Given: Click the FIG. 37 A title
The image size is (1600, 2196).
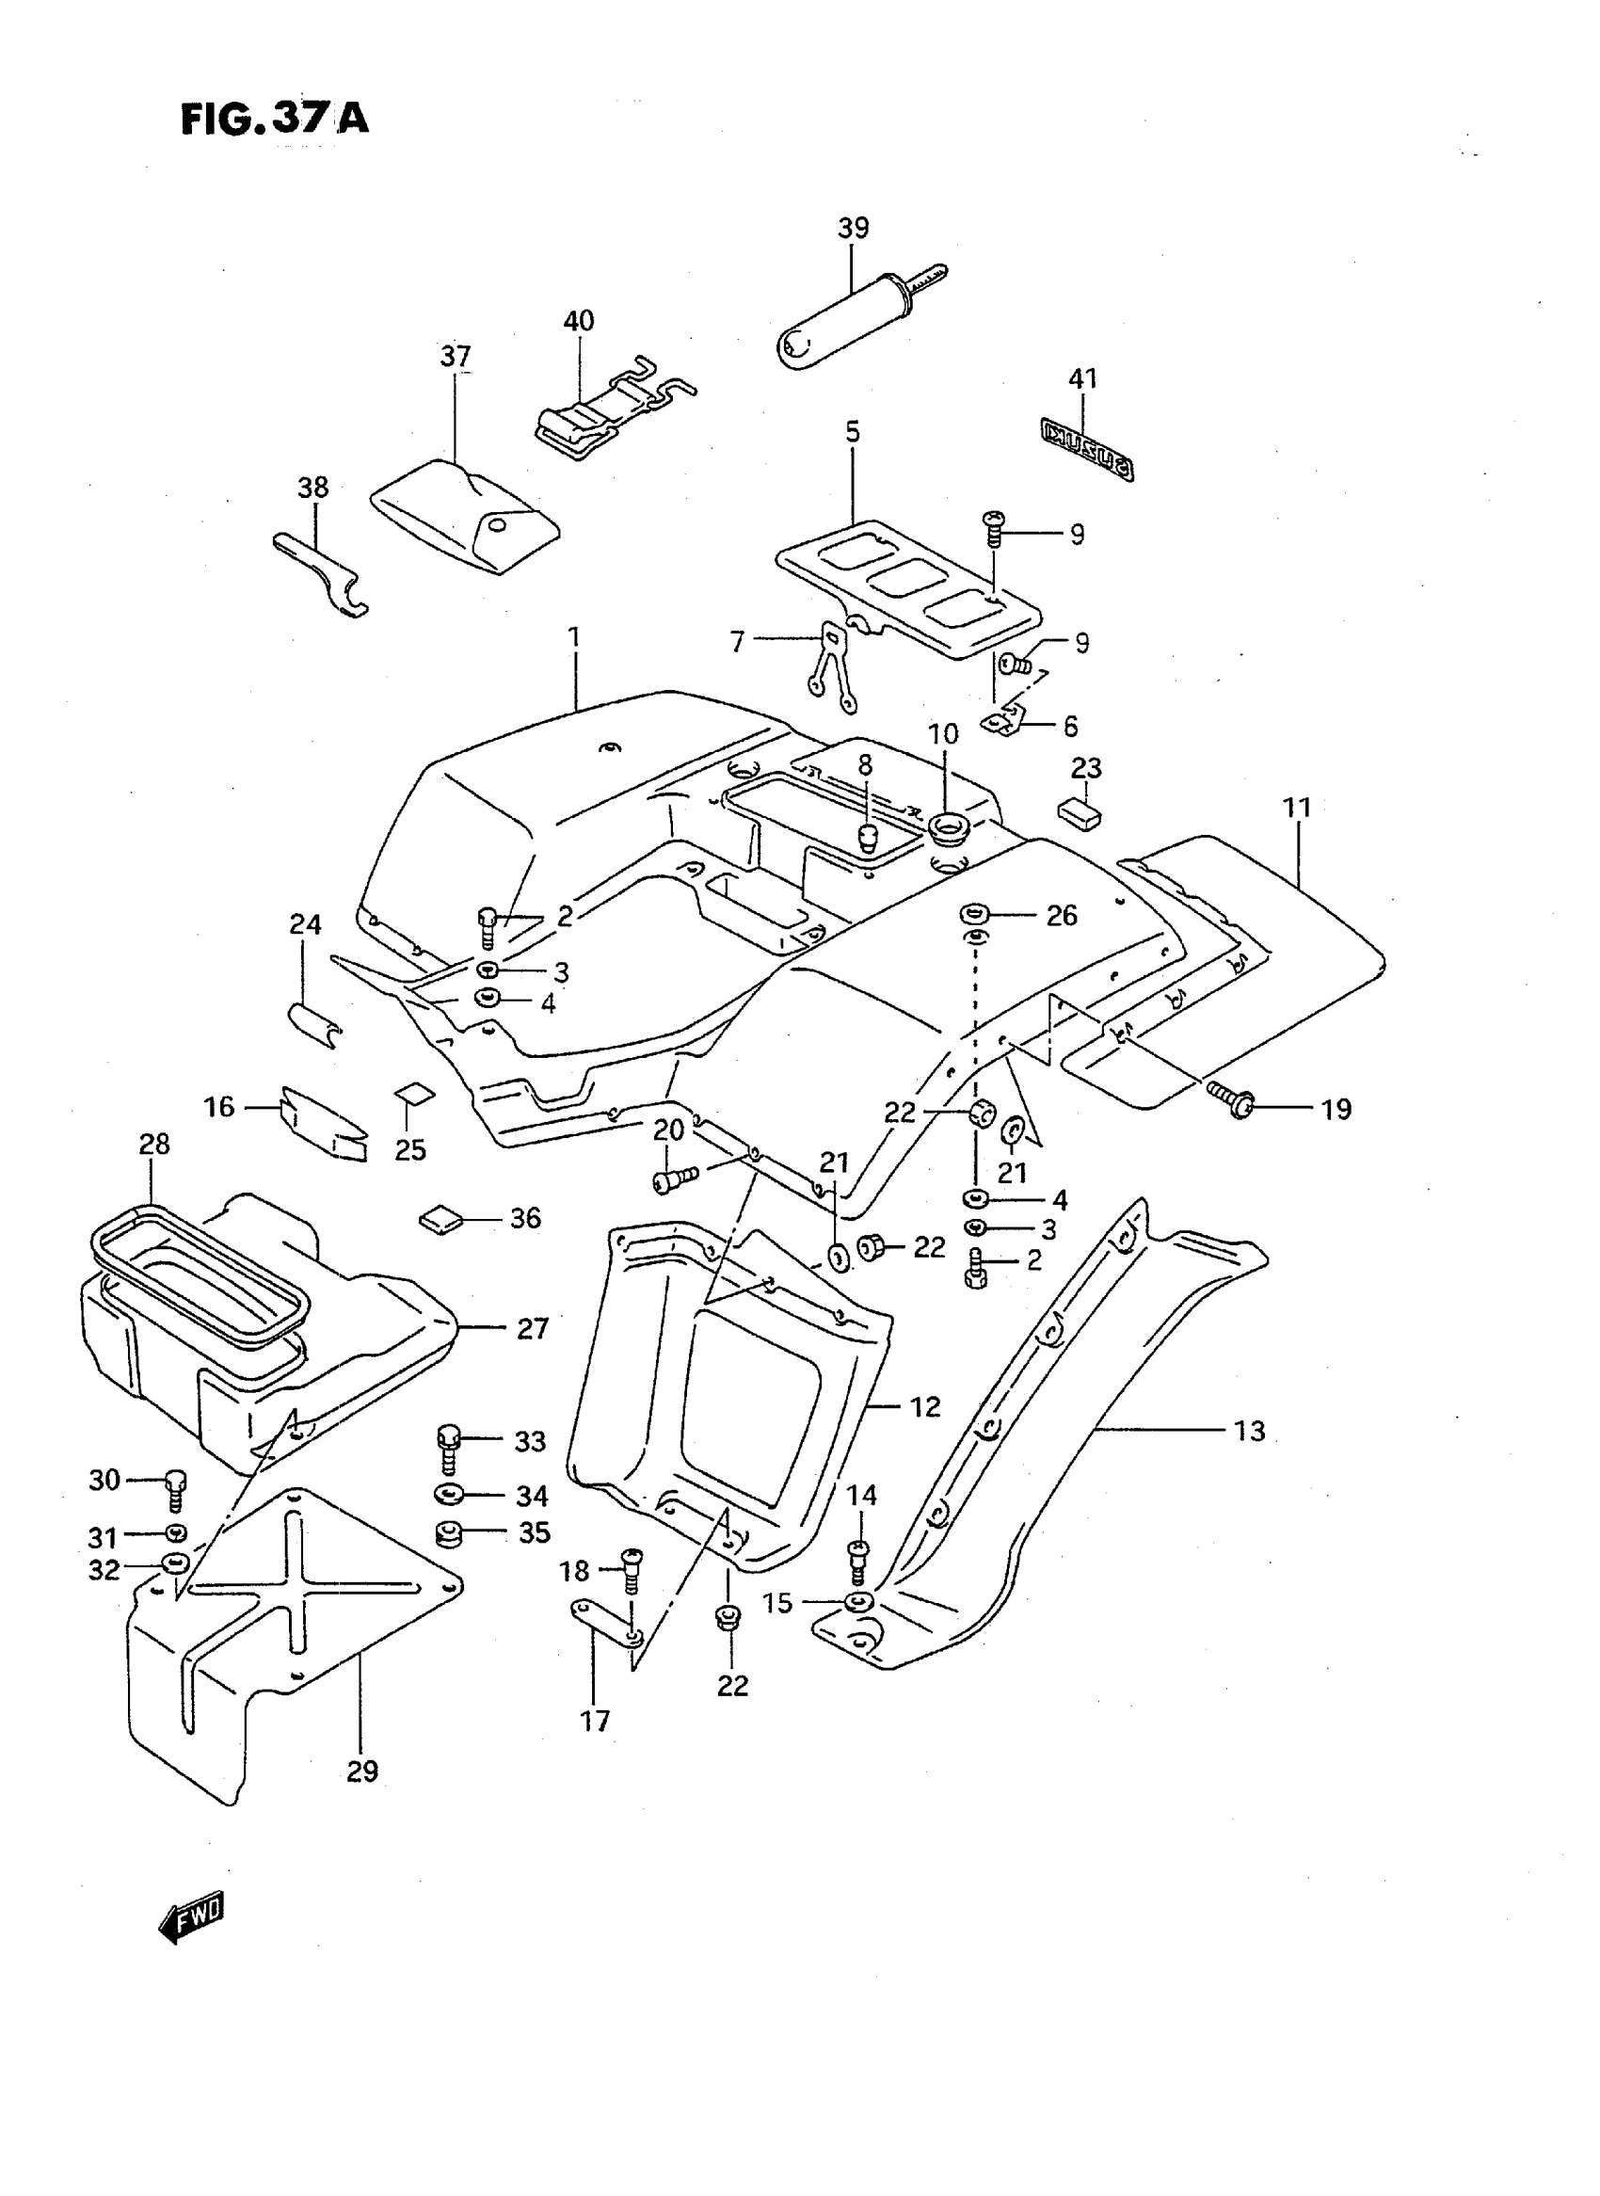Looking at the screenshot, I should (x=274, y=120).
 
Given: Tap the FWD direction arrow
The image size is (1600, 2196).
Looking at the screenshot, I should (x=191, y=1915).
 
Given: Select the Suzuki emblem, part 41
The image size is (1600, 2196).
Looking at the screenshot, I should (x=1087, y=447).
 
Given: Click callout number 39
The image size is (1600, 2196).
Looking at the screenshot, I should (x=853, y=229).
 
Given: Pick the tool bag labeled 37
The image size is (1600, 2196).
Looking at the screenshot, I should (x=465, y=514).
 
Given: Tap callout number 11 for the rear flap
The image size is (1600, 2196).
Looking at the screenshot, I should (x=1297, y=807).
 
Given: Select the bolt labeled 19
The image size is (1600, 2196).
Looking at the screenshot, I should (x=1230, y=1101).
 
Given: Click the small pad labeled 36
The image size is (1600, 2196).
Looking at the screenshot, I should (x=440, y=1219).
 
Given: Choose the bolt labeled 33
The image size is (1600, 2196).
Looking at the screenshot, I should (x=448, y=1446).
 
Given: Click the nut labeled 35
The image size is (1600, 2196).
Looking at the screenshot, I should (x=447, y=1534).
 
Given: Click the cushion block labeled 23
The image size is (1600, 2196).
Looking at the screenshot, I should (x=1080, y=809).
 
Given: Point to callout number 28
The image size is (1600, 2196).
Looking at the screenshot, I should (x=154, y=1144).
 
